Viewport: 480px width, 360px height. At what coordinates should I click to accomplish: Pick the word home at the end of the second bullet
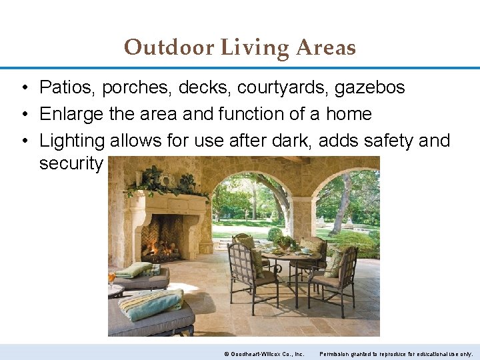coord(349,114)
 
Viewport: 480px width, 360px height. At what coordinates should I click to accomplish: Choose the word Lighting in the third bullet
coord(72,141)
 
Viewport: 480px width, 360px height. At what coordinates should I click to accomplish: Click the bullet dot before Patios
coord(23,87)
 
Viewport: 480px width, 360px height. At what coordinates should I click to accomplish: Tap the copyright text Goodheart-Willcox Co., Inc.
coord(266,353)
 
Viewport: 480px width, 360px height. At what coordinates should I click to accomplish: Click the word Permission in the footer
coord(339,353)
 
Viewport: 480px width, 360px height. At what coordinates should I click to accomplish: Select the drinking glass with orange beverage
coord(112,276)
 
